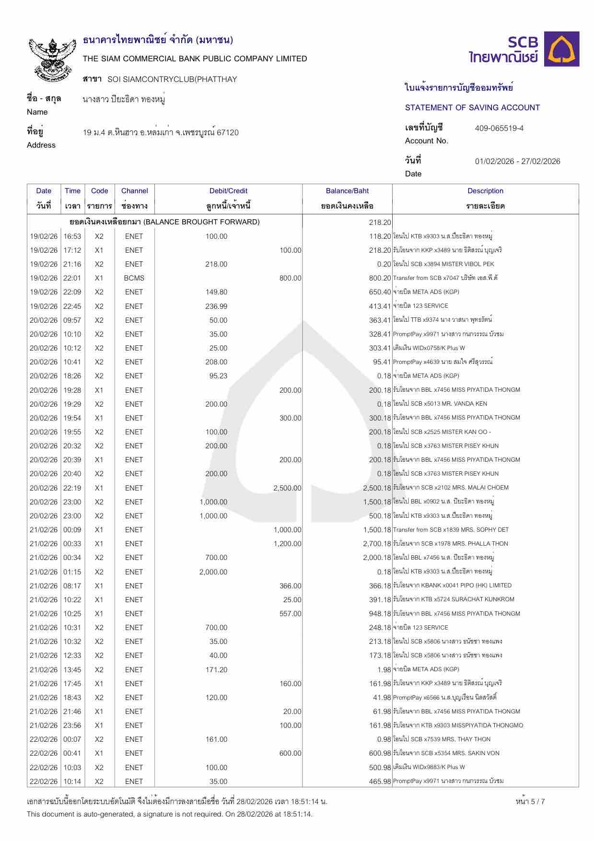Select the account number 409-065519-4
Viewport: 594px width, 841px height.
pos(499,128)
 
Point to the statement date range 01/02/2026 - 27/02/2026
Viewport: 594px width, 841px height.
pos(517,161)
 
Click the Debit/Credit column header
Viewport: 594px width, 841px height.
pos(228,191)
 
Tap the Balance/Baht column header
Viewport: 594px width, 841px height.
pos(347,191)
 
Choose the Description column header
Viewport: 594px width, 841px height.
pos(485,191)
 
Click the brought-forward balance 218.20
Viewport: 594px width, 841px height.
pos(380,222)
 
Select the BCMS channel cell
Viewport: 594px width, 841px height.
pos(134,278)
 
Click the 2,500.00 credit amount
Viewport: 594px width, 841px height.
pos(287,488)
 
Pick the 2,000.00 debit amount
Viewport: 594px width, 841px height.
pos(213,572)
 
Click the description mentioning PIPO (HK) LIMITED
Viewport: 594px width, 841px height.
pos(452,585)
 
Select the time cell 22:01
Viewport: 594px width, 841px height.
pos(72,278)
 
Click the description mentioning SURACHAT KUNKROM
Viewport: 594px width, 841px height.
pos(453,599)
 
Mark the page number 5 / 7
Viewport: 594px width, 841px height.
pos(530,801)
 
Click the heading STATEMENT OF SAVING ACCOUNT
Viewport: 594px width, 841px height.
pos(472,107)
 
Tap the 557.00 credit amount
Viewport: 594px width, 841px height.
pos(291,614)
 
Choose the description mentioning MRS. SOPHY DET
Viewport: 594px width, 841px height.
pos(451,530)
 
